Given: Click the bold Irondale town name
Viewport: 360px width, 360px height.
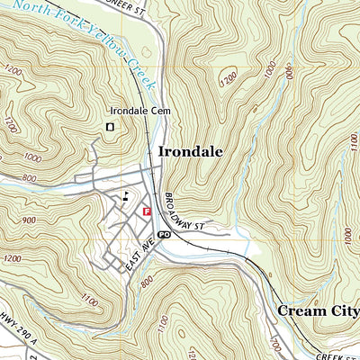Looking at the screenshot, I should point(191,152).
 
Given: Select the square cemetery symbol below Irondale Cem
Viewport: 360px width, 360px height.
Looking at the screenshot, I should point(110,128).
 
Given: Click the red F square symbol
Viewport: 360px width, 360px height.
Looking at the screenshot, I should point(147,211).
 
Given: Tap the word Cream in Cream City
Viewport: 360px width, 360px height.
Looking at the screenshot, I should point(301,310).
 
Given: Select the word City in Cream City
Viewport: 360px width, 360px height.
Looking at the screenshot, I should point(346,310).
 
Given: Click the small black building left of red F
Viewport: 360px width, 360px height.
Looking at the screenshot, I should point(126,197).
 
